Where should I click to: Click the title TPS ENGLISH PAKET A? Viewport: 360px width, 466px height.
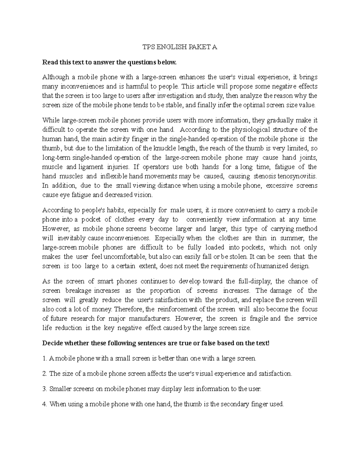[179, 47]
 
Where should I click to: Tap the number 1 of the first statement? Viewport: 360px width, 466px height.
[44, 358]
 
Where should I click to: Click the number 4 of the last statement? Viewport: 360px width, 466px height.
[45, 404]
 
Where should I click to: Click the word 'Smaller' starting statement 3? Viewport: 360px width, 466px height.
[59, 389]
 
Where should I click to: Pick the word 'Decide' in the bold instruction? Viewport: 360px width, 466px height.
[52, 343]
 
